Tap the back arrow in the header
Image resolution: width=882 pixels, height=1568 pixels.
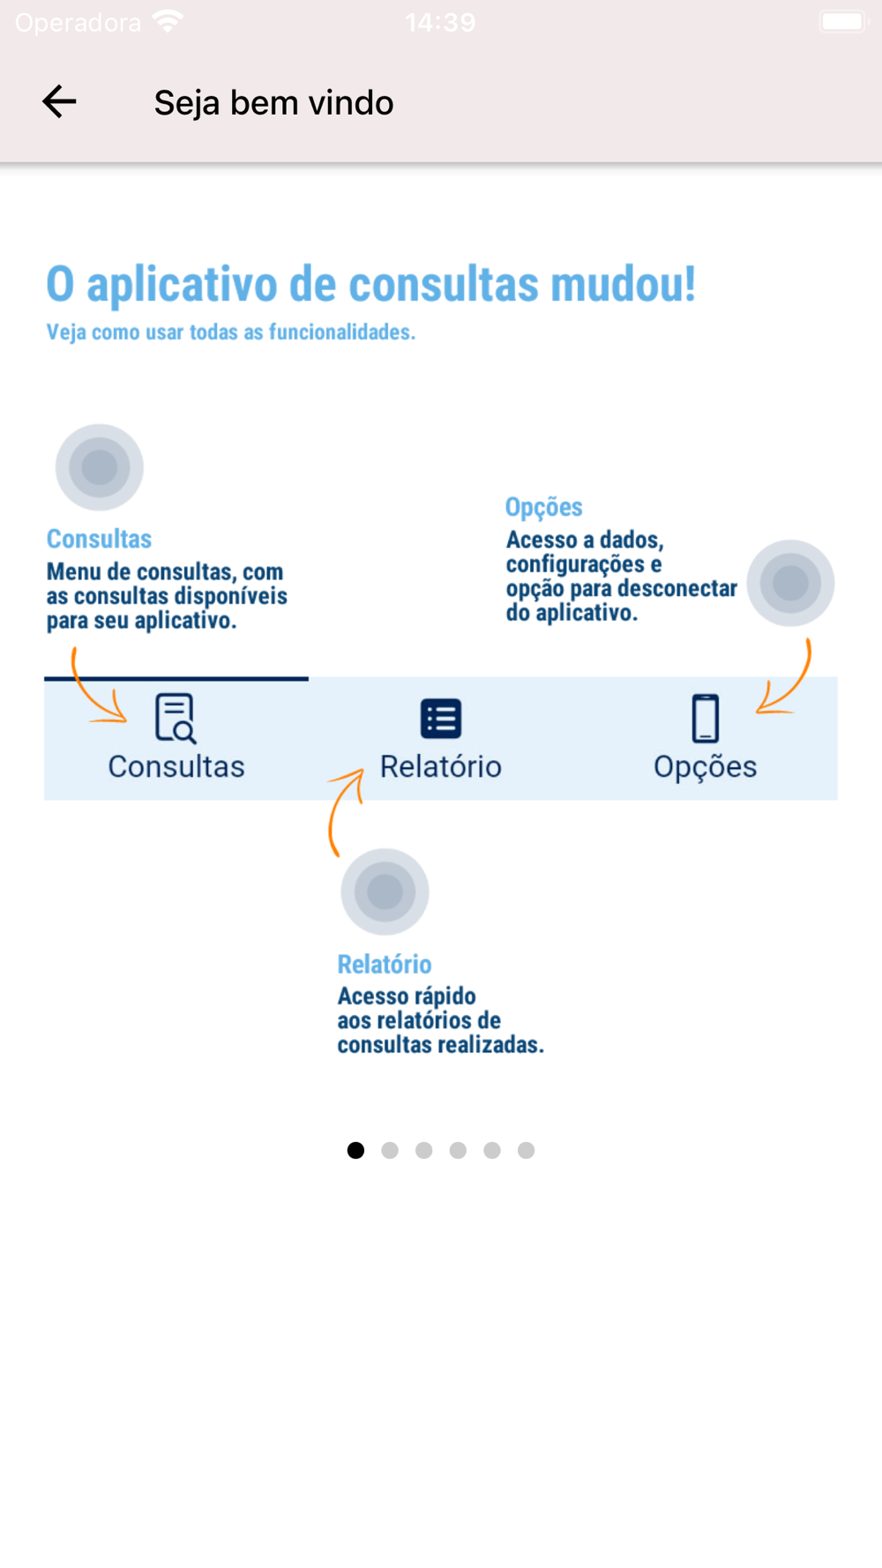tap(59, 102)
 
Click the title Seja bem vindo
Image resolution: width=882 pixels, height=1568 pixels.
tap(273, 103)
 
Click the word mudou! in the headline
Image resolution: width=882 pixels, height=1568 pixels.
tap(623, 285)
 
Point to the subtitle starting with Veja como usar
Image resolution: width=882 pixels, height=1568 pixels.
tap(230, 332)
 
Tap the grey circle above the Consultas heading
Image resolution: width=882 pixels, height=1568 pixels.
tap(100, 467)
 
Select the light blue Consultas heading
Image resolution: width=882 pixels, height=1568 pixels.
tap(99, 539)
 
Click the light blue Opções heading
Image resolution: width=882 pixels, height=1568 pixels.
tap(543, 507)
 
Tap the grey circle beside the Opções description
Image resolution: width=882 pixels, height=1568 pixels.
tap(790, 583)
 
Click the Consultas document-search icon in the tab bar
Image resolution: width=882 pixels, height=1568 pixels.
tap(176, 718)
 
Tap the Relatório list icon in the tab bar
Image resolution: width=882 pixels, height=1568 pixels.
tap(441, 719)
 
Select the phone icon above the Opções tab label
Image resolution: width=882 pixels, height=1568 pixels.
tap(705, 719)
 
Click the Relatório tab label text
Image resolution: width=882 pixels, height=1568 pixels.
tap(441, 766)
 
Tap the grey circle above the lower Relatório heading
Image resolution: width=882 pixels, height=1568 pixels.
tap(385, 892)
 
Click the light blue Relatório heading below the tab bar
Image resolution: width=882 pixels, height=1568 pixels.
tap(385, 964)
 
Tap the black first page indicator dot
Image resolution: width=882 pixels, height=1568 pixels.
tap(355, 1150)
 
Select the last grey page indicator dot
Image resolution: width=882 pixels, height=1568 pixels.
tap(526, 1150)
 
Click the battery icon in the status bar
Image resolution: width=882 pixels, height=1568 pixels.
tap(843, 22)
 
